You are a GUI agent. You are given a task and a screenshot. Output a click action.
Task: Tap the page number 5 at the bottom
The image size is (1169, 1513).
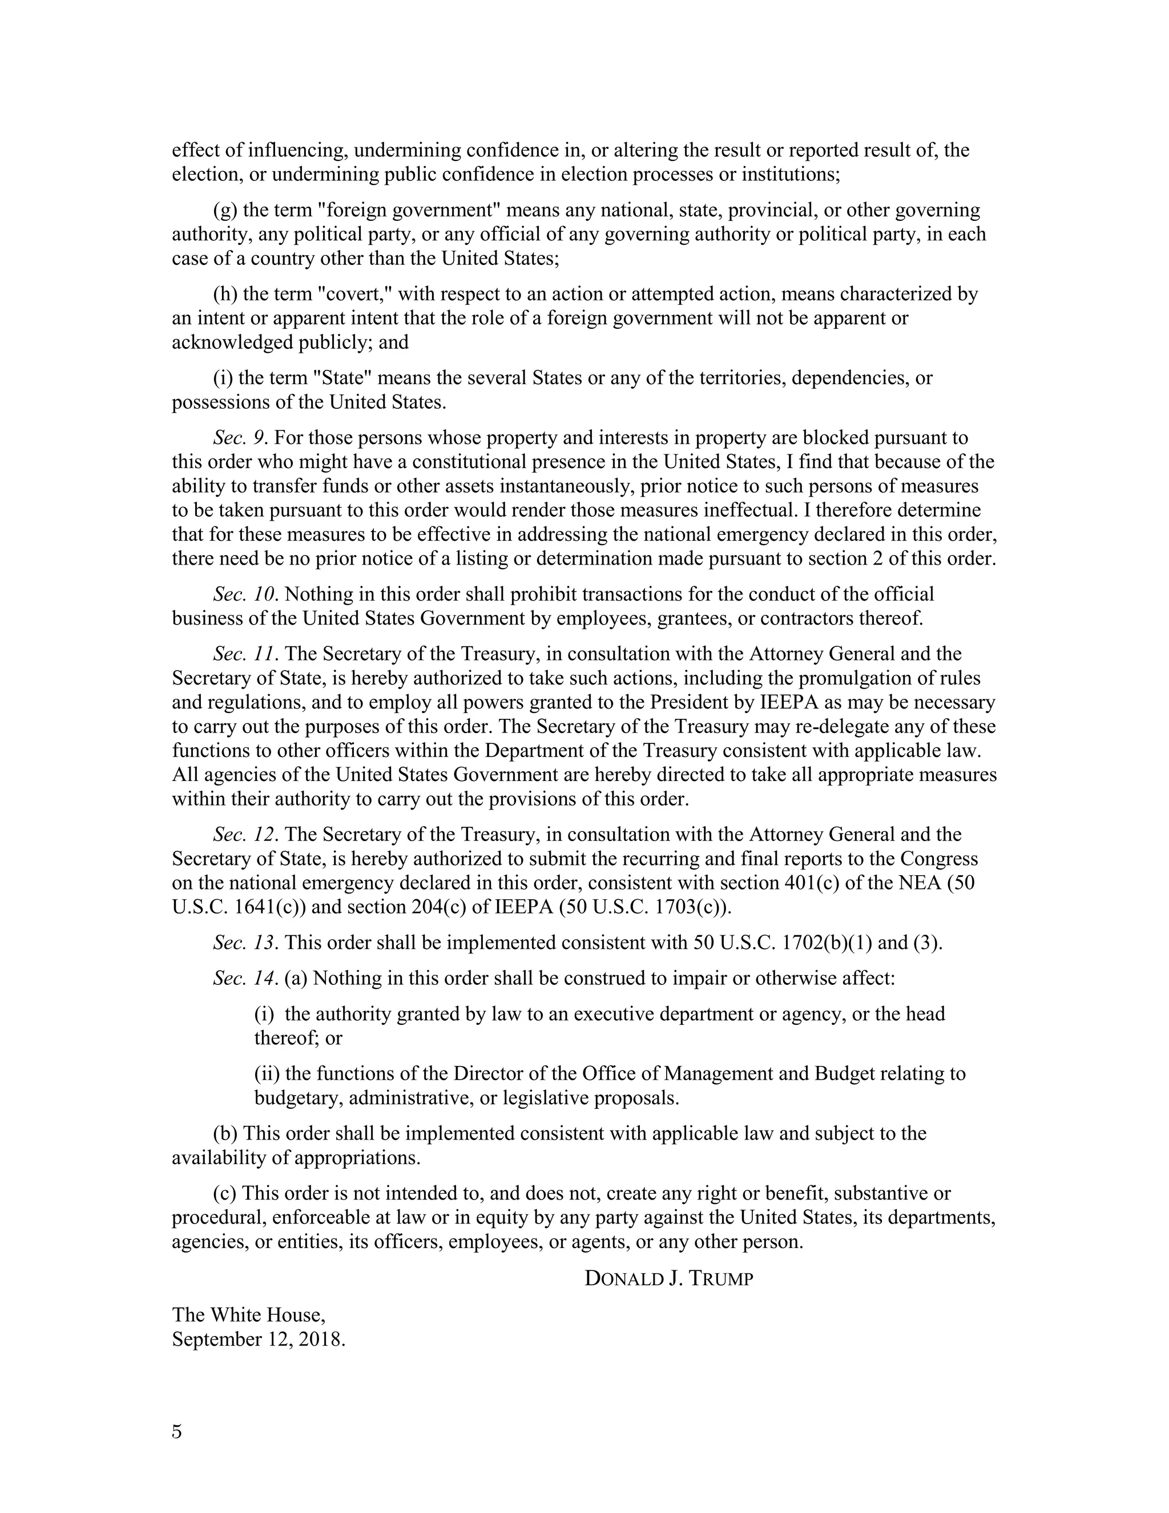(178, 1431)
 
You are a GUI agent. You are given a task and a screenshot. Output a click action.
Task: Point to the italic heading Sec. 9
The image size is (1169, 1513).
(240, 438)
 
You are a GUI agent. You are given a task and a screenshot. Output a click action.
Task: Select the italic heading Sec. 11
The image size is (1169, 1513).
(245, 654)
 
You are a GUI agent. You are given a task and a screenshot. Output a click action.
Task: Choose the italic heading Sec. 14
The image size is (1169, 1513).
(245, 978)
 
